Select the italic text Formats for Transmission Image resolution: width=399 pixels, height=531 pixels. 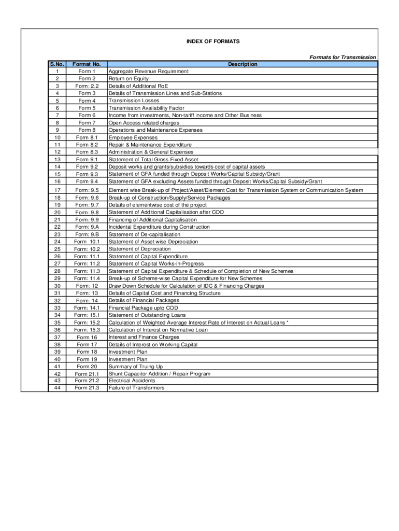pos(343,57)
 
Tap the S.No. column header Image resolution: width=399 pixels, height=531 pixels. pos(57,64)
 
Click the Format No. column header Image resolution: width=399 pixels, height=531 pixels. pos(87,64)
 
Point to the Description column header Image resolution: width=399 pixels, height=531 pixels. pos(243,64)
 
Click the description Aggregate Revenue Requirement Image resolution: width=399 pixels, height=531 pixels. pos(148,72)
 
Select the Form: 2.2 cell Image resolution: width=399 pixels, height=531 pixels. pos(87,86)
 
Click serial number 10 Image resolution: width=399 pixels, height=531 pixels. pos(57,137)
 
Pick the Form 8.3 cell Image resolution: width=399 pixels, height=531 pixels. pos(87,152)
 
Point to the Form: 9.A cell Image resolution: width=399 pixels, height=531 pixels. pos(87,227)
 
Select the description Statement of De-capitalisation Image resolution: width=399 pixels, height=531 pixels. pos(144,234)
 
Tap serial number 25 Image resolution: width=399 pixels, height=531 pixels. pos(57,249)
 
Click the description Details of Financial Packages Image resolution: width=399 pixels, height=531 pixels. pos(144,301)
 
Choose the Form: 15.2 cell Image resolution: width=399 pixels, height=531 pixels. pos(87,323)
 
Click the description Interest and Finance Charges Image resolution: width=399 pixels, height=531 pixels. pos(144,337)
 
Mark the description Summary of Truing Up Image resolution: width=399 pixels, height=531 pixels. pos(135,367)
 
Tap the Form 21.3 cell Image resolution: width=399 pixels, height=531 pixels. pos(87,388)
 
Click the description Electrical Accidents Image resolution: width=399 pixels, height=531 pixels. pos(132,381)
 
